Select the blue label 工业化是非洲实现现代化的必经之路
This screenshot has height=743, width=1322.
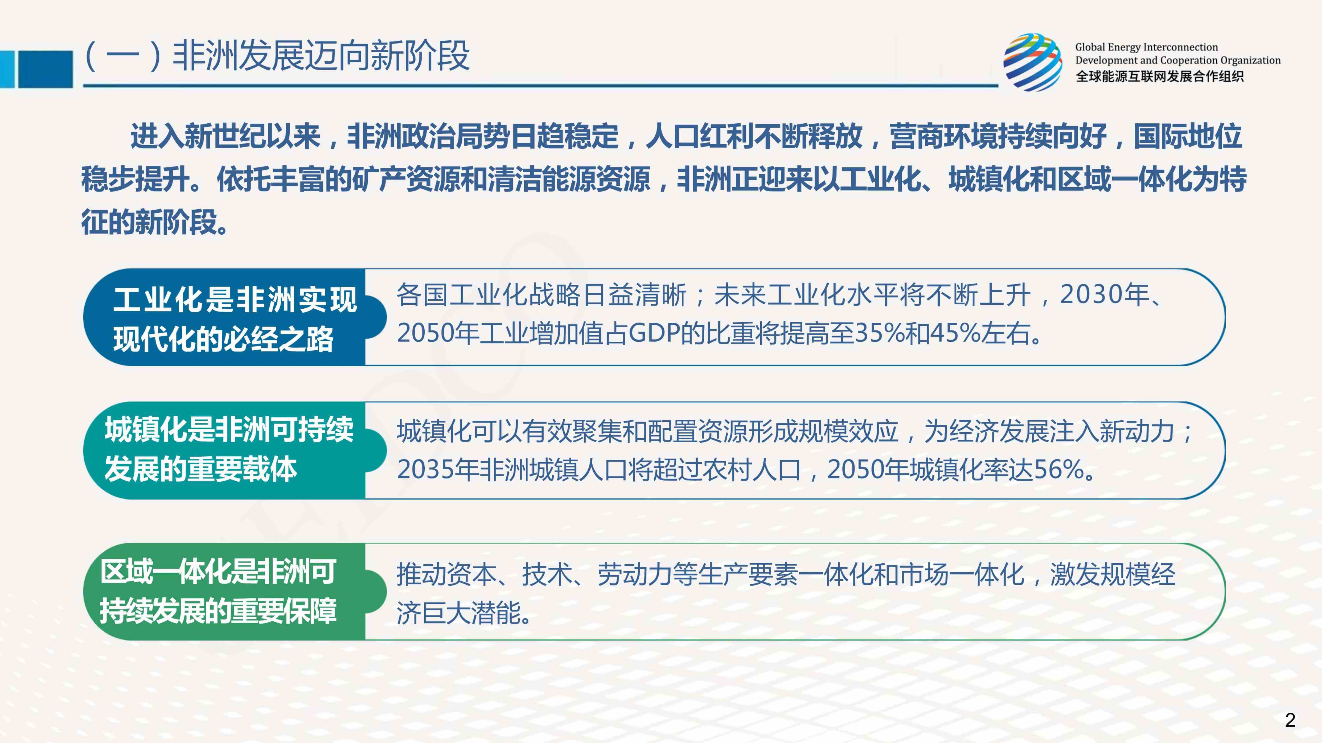tap(234, 319)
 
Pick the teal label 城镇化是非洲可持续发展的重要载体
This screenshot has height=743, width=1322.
tap(229, 449)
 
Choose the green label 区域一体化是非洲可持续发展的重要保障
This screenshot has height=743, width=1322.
tap(218, 591)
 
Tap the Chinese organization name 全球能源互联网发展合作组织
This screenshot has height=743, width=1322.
tap(1159, 76)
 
